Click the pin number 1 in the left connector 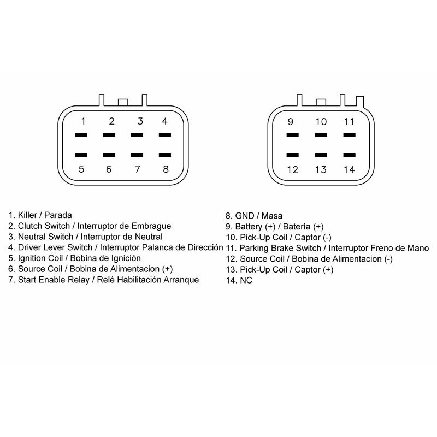point(83,121)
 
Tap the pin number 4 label point(165,121)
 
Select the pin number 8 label point(166,169)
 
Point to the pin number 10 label point(321,122)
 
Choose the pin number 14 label point(349,170)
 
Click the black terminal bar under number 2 point(109,135)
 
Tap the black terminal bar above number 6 point(109,155)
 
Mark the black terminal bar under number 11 point(349,135)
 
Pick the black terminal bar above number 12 point(293,155)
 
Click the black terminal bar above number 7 point(137,155)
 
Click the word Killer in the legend point(27,215)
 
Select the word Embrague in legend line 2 point(151,226)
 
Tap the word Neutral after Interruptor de point(149,237)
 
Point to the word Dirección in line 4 point(205,247)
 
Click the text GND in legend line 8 point(244,216)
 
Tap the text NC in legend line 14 point(246,280)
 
